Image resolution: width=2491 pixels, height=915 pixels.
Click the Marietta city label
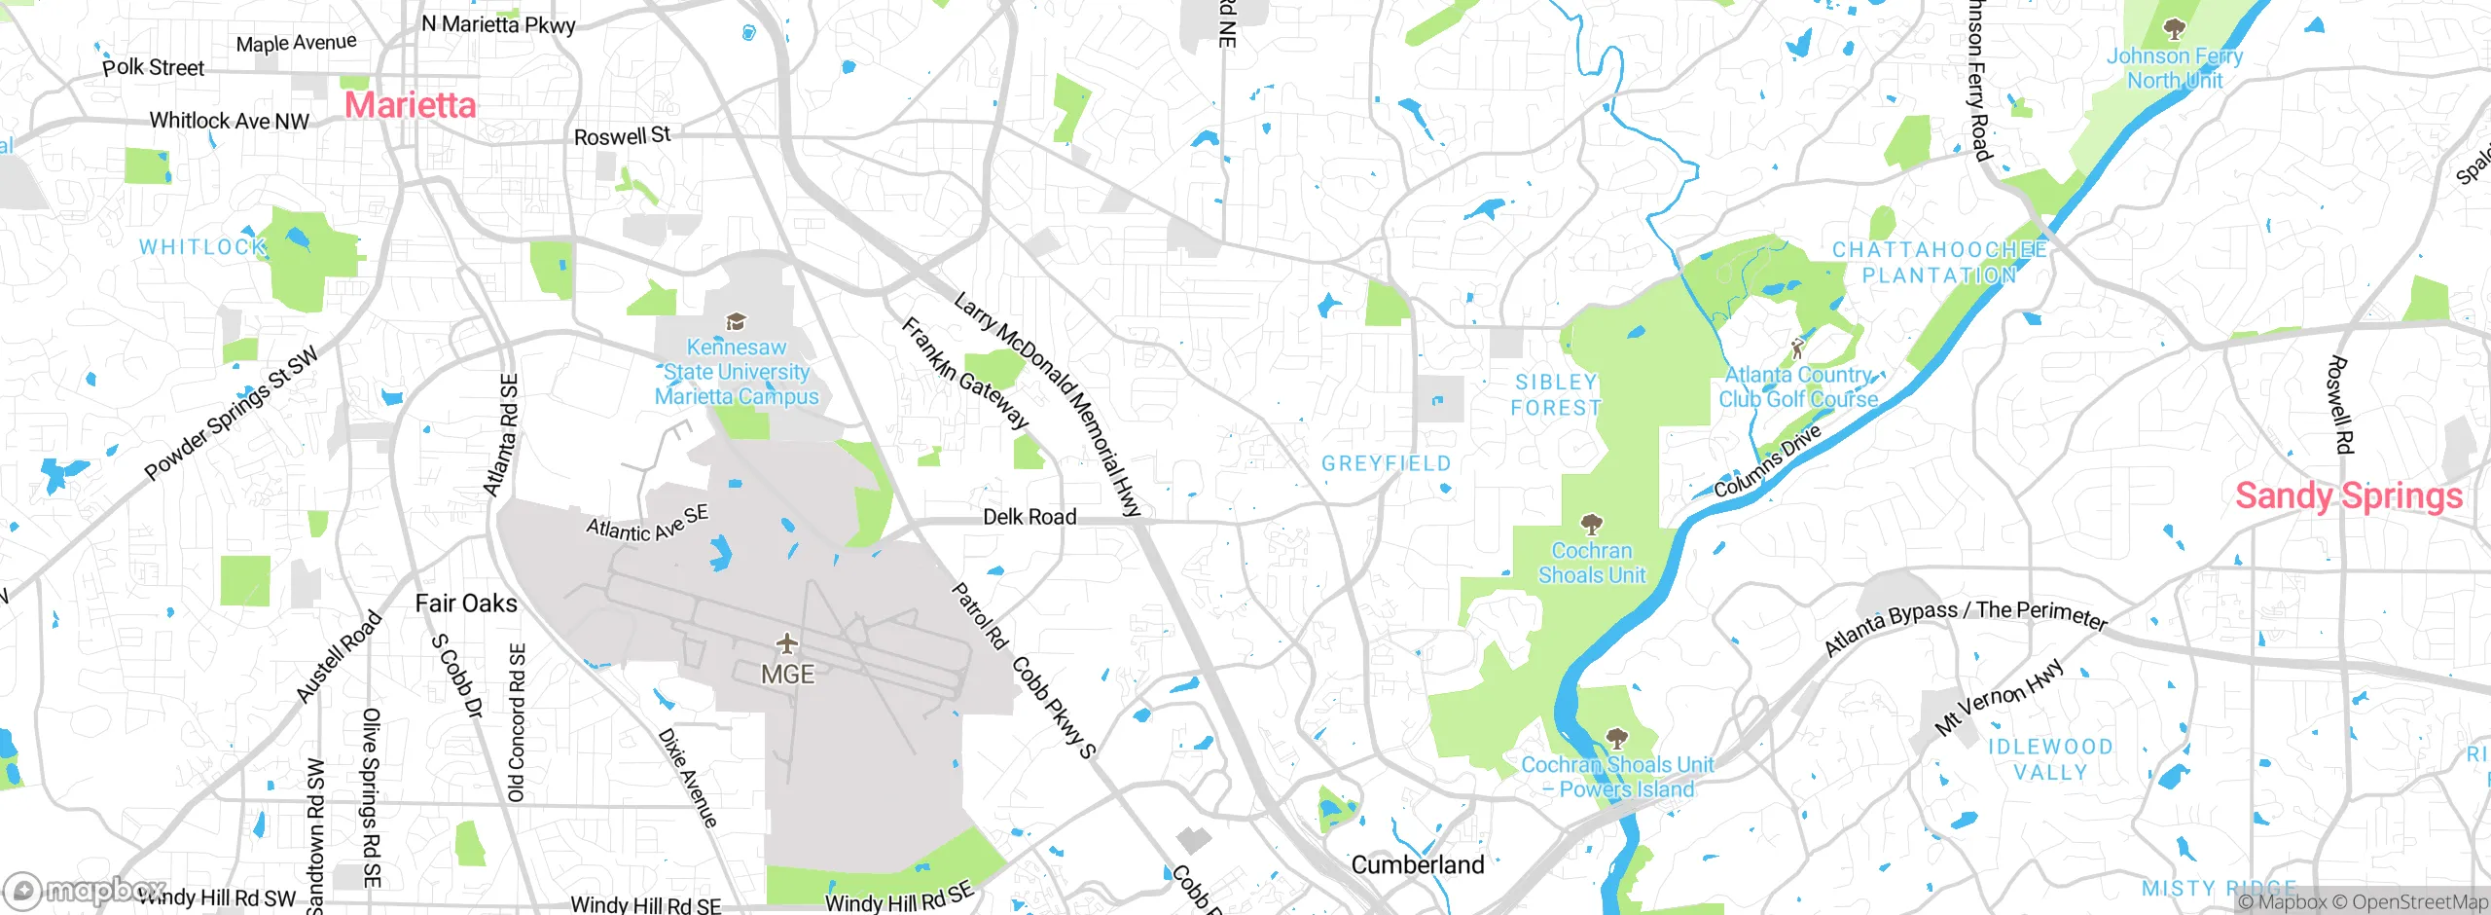411,105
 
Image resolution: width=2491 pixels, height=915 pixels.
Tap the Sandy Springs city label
2348,495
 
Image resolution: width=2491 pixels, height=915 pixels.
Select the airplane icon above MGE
787,643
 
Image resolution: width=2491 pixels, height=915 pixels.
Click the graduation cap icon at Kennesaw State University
736,322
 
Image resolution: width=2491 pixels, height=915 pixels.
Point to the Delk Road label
1029,517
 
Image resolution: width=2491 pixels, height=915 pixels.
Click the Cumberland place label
1418,864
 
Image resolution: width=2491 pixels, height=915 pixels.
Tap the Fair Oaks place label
466,604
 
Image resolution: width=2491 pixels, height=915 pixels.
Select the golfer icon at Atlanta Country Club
1797,348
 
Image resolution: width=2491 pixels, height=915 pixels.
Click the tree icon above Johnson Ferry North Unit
2174,29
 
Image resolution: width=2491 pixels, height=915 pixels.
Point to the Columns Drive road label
1766,461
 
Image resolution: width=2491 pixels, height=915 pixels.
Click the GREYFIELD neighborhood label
1386,463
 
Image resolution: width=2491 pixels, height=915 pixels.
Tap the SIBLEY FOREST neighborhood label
1556,395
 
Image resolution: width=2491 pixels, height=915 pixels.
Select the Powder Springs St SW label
232,413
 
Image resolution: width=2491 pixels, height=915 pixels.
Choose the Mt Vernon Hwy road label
1999,696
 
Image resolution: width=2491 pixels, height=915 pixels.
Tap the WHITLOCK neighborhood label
202,247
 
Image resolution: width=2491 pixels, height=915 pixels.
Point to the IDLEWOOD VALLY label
2050,759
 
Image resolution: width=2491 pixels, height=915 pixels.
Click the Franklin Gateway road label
964,373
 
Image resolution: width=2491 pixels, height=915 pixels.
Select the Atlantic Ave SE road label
647,524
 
